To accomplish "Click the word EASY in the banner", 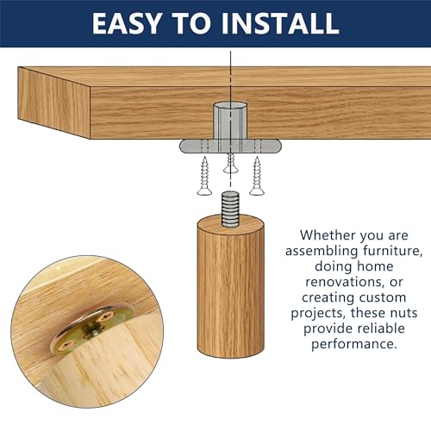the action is click(x=127, y=23).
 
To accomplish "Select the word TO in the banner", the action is click(x=191, y=23).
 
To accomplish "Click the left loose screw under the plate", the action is click(x=204, y=176).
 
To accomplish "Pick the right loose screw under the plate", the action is click(x=257, y=176).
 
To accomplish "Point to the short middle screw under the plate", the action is click(x=231, y=163).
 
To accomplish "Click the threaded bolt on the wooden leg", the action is click(x=230, y=209).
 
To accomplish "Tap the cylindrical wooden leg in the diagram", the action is click(x=230, y=286).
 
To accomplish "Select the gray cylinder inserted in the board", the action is click(x=230, y=121).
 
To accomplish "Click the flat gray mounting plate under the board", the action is click(x=230, y=146).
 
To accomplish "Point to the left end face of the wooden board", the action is click(x=54, y=103).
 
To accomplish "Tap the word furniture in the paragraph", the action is click(x=392, y=251).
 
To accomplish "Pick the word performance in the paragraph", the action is click(x=353, y=344).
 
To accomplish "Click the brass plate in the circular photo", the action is click(x=92, y=328).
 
